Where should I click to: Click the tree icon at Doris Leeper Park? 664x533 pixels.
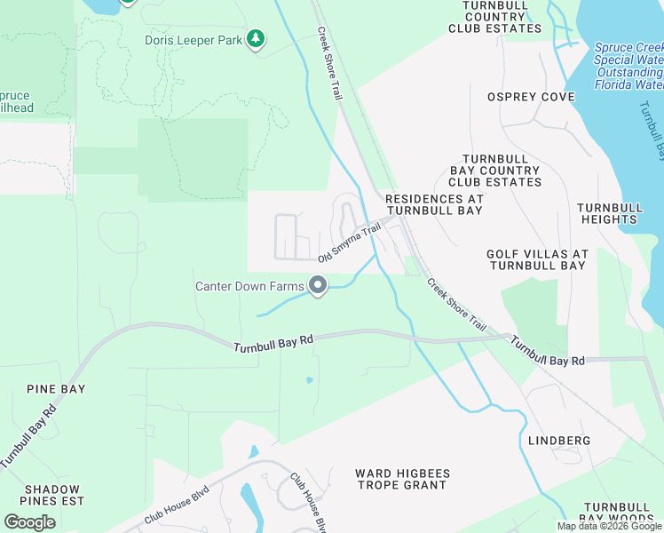click(x=256, y=39)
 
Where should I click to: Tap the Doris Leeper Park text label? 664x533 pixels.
click(x=194, y=40)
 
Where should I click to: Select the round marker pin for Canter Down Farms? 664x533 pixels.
click(x=318, y=286)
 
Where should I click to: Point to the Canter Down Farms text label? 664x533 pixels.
click(x=249, y=286)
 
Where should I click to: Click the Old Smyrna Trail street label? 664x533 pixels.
click(x=349, y=243)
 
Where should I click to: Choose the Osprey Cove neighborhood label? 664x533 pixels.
click(x=531, y=97)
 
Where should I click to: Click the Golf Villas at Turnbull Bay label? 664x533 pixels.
click(x=537, y=259)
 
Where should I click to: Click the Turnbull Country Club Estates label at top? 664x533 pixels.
click(x=494, y=17)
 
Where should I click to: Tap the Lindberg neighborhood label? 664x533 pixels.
click(x=559, y=441)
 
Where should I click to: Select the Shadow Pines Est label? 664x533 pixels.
click(x=52, y=495)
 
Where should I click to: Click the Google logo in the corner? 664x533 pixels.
click(x=29, y=521)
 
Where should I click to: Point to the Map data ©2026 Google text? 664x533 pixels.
click(x=610, y=526)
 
